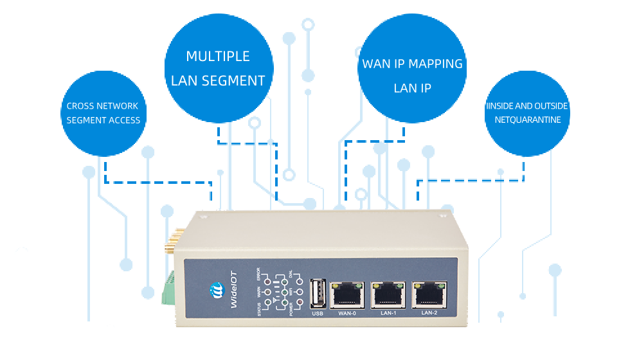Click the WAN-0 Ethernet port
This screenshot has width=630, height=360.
pos(348,295)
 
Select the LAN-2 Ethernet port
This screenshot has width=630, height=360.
pos(429,295)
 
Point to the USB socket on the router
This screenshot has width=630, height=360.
pos(318,294)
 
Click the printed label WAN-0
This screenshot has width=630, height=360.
pos(347,313)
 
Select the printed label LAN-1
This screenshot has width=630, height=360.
pos(388,313)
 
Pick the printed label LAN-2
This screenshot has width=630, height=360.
pos(429,313)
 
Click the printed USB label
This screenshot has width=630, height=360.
pos(318,313)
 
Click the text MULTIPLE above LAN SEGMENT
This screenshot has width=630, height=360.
pos(218,57)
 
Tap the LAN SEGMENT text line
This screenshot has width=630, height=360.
pos(218,81)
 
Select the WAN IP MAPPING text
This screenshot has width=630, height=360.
pos(412,64)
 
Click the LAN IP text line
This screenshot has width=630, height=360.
pos(412,89)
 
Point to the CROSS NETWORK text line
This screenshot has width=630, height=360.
pos(102,106)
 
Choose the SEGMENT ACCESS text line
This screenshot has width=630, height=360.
pos(103,120)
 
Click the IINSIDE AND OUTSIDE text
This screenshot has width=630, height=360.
pos(527,106)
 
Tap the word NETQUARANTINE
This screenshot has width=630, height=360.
pos(527,120)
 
